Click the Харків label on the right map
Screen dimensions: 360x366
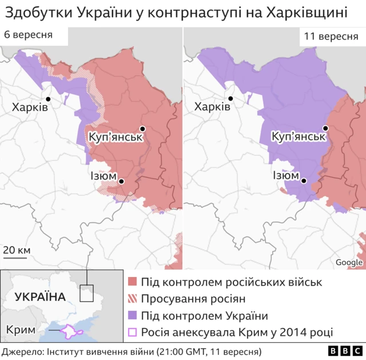click(212, 107)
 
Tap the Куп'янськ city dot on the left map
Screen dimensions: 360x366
click(142, 129)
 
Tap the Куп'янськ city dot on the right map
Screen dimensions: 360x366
click(325, 128)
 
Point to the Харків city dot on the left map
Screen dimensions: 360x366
click(49, 99)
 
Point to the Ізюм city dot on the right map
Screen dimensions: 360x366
click(304, 181)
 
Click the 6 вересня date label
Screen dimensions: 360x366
click(28, 35)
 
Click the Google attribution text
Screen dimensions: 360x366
click(349, 263)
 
